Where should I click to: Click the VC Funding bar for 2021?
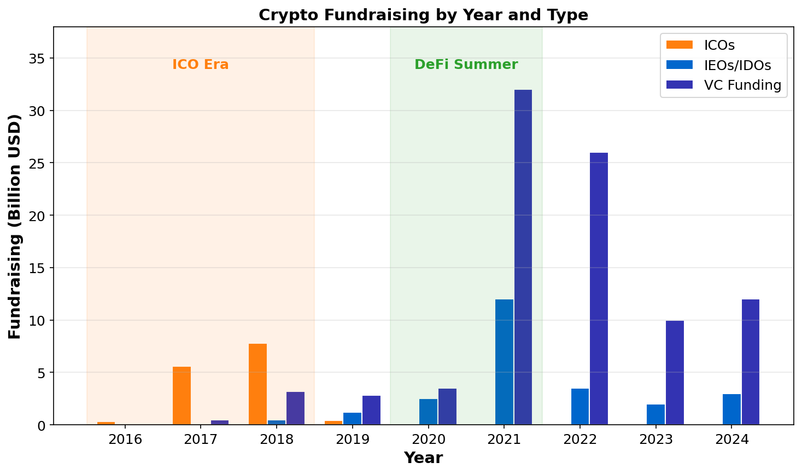click(x=523, y=257)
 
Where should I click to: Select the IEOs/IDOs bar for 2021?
click(x=504, y=362)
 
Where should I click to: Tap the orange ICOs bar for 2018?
click(x=257, y=384)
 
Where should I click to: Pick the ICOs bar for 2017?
click(x=182, y=396)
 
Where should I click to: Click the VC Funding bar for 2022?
click(x=599, y=288)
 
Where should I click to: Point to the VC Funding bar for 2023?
click(x=675, y=373)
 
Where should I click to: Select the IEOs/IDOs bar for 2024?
click(x=731, y=409)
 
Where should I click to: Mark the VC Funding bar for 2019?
click(x=371, y=410)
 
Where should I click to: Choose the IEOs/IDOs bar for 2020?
click(x=428, y=412)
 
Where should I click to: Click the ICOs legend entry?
click(x=719, y=45)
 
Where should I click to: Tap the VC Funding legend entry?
click(x=742, y=85)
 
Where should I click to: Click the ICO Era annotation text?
click(x=200, y=65)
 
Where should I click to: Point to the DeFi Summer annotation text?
click(x=466, y=65)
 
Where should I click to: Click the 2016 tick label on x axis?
click(x=125, y=439)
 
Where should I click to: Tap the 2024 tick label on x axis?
click(x=731, y=439)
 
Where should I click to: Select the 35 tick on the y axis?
click(x=37, y=59)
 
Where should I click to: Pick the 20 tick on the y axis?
click(x=37, y=216)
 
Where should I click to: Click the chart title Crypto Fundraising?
click(x=423, y=15)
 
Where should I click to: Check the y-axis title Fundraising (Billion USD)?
click(x=15, y=226)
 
